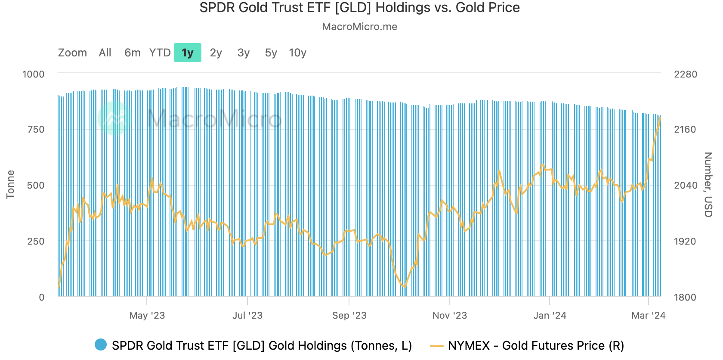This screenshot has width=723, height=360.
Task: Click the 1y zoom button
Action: tap(188, 53)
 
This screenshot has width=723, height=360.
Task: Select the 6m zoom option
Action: tap(132, 53)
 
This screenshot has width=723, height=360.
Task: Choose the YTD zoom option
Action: tap(160, 53)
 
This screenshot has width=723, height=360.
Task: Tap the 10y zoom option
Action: tap(297, 53)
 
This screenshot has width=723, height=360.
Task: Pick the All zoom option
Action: tap(105, 53)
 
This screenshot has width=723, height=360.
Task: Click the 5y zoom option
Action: tap(271, 53)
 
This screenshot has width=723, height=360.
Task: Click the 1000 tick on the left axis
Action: tap(34, 74)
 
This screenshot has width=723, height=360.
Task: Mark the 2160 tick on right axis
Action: tap(685, 130)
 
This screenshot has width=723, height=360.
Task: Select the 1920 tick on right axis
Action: tap(685, 241)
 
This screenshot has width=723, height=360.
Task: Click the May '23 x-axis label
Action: tap(147, 316)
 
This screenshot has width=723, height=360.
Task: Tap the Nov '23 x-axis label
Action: tap(450, 316)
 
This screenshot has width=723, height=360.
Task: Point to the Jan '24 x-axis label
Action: tap(550, 316)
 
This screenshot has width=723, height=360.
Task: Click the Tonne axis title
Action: tap(10, 184)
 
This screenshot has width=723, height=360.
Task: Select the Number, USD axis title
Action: tap(708, 184)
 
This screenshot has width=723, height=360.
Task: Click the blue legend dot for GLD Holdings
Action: tap(101, 345)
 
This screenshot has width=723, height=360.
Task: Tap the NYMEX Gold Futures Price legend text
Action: tap(536, 345)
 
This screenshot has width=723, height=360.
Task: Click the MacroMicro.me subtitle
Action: tap(360, 27)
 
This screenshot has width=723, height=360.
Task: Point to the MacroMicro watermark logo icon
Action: tap(114, 118)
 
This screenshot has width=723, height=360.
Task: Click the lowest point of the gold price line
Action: tap(404, 287)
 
